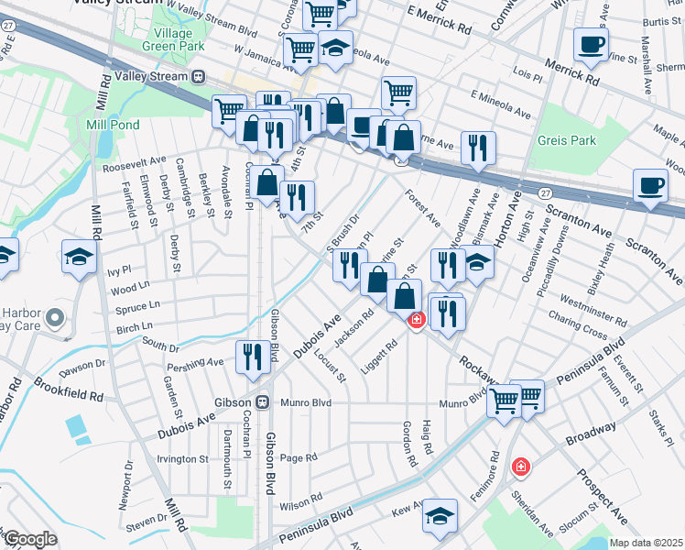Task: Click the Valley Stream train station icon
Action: [197, 76]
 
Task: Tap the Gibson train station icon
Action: [261, 401]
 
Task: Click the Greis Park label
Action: [568, 140]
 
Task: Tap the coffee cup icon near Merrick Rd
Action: [591, 46]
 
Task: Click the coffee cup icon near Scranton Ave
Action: [650, 189]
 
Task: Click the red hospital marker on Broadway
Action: [521, 467]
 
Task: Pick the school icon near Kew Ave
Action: [440, 518]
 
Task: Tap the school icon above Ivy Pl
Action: [79, 258]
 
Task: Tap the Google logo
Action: [30, 539]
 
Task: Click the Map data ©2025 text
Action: [646, 543]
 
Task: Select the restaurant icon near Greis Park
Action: [478, 149]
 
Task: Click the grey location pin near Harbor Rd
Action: [55, 319]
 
